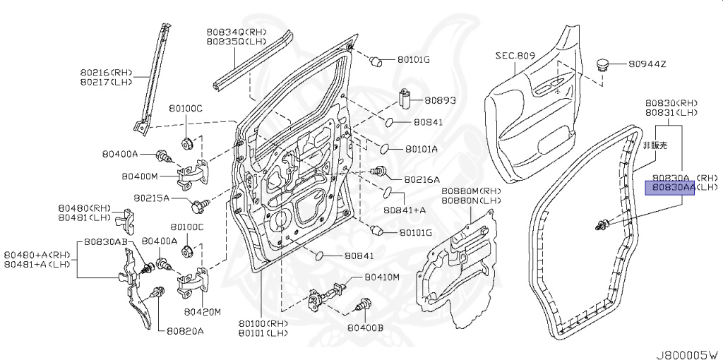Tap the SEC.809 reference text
coord(516,54)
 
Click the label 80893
coord(441,100)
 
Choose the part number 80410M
coord(383,277)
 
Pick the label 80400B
coord(366,328)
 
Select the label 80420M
coord(203,311)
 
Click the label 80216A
coord(422,179)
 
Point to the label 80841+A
coord(405,210)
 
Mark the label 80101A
coord(422,149)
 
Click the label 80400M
coord(139,176)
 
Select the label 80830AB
coord(107,241)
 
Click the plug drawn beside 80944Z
coord(602,66)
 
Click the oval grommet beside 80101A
coord(386,148)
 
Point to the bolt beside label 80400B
coord(365,306)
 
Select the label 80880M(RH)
coord(471,191)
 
